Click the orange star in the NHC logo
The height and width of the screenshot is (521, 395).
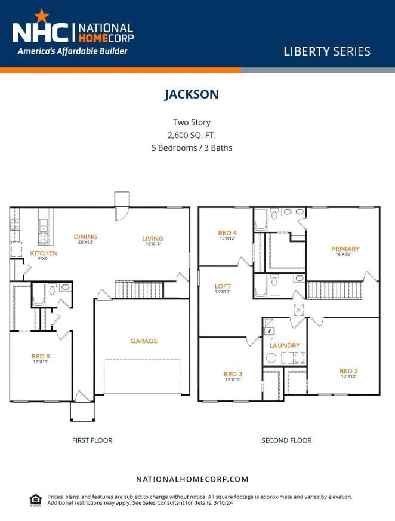pos(42,16)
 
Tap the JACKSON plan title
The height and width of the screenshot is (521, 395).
pos(192,94)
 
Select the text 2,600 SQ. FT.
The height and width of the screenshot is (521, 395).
pos(192,134)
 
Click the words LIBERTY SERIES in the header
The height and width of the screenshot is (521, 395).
pos(326,51)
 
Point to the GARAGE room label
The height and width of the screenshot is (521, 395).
pos(144,341)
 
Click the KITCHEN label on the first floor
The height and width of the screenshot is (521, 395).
pos(44,253)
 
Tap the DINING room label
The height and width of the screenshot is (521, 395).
pos(85,237)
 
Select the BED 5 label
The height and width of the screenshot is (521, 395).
pos(41,357)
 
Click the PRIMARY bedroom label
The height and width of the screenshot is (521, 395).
pos(345,249)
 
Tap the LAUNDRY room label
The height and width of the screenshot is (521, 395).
pos(285,345)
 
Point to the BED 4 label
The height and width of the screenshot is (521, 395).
pos(227,233)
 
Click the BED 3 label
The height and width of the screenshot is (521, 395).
pos(232,375)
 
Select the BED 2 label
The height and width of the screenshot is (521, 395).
pos(348,370)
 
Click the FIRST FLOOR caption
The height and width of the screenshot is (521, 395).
pos(92,440)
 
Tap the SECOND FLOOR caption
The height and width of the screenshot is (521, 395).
pos(286,440)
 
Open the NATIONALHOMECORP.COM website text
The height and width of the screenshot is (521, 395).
pos(192,479)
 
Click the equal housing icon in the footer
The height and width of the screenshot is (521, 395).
pos(36,499)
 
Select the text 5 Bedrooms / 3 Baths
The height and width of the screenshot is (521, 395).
pos(192,147)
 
